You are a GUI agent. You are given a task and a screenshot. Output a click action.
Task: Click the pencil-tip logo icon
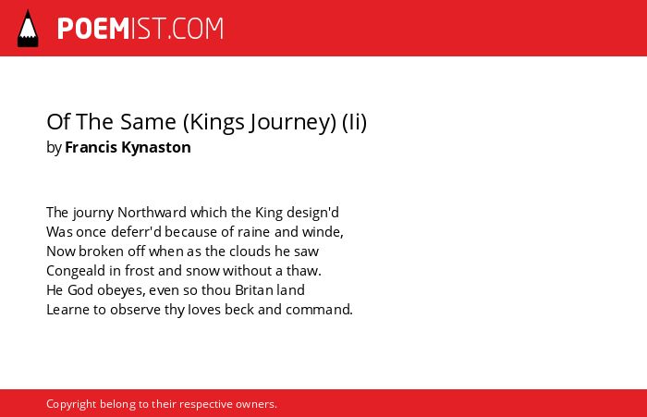coord(28,29)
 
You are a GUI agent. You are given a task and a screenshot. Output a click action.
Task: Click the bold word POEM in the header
coord(93,29)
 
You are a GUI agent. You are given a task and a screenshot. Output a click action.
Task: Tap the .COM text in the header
coord(196,29)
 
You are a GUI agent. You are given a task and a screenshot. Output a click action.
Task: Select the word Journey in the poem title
coord(293,122)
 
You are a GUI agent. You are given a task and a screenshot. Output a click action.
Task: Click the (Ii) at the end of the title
coord(354,122)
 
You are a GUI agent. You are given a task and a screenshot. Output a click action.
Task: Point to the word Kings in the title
coord(217,122)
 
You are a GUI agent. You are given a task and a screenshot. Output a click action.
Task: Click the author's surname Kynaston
coord(156,147)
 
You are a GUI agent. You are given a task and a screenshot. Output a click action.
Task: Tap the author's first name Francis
coord(92,147)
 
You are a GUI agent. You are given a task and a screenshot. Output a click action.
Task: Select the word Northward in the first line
coord(153,213)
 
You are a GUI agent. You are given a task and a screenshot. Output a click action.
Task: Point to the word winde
coord(323,232)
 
